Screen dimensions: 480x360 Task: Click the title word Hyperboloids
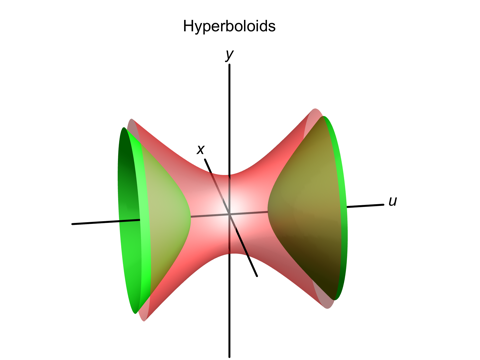point(229,26)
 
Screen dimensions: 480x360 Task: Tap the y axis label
point(230,55)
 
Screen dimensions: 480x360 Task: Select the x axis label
point(201,150)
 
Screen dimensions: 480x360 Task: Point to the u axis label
point(393,201)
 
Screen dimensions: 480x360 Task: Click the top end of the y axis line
point(230,68)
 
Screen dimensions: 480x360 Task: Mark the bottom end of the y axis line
point(230,356)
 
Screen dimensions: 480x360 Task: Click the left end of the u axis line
point(72,223)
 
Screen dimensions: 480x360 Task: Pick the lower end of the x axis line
point(258,276)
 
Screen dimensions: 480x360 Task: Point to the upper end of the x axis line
point(207,159)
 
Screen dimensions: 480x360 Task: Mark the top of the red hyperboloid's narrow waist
point(230,176)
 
